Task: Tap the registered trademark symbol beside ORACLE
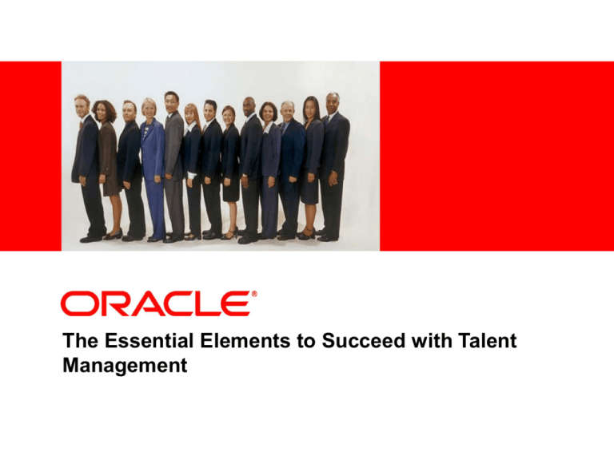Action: point(254,295)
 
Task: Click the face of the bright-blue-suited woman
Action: point(150,108)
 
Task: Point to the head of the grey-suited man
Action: point(171,100)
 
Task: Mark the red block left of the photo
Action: point(30,156)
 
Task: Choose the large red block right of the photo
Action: point(496,156)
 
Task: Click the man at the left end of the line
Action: point(86,168)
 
